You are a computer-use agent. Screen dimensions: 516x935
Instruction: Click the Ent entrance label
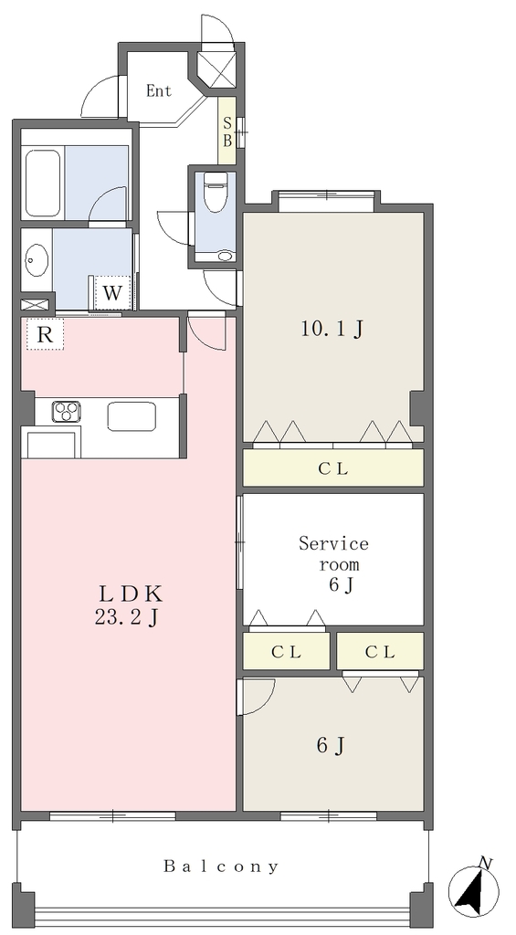tap(159, 90)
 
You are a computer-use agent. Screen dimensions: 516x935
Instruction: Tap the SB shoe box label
tap(227, 131)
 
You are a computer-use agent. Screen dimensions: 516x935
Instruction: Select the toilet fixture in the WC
tap(216, 191)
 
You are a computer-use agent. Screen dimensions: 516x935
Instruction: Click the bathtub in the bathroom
tap(43, 184)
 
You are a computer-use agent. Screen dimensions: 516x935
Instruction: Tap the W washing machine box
tap(112, 293)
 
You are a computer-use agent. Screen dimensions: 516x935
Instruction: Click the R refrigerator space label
tap(45, 334)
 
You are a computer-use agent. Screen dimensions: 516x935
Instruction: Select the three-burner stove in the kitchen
tap(67, 412)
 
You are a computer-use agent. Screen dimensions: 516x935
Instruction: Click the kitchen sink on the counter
tap(132, 415)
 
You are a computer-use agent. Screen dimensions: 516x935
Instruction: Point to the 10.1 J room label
tap(332, 329)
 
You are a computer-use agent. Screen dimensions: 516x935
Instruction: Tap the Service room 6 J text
tap(333, 564)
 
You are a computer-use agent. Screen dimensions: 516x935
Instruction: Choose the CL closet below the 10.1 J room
tap(333, 467)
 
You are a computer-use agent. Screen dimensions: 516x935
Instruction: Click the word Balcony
tap(221, 866)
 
